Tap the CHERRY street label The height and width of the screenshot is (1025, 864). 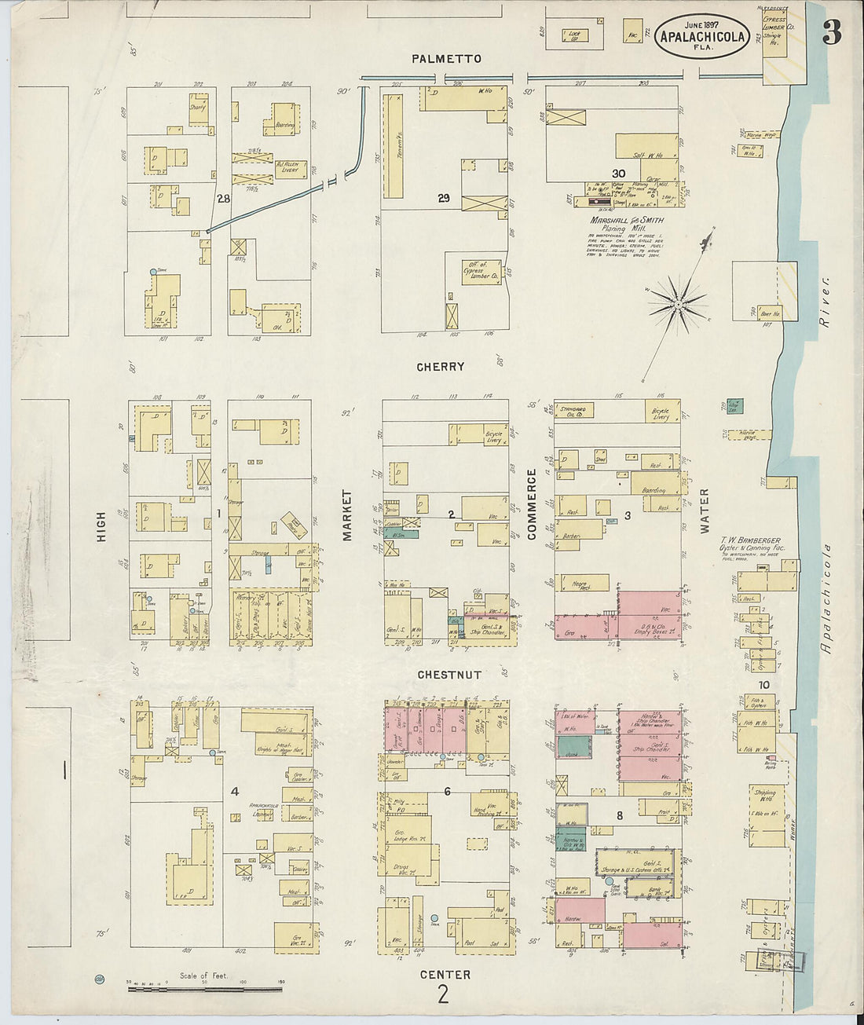(441, 366)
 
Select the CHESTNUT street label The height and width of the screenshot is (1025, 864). (449, 675)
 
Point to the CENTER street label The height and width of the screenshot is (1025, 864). (445, 975)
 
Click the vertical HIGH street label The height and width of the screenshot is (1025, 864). (101, 535)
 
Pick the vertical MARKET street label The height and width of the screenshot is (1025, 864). (346, 515)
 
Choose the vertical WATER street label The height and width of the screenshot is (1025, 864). (704, 511)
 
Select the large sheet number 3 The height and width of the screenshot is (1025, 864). (832, 32)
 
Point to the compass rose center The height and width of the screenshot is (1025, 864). (677, 302)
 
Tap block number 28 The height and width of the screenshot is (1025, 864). (223, 200)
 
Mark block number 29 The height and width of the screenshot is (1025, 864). (444, 199)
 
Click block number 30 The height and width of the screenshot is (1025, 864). (619, 173)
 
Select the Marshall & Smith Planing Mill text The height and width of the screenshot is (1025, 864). (626, 225)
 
